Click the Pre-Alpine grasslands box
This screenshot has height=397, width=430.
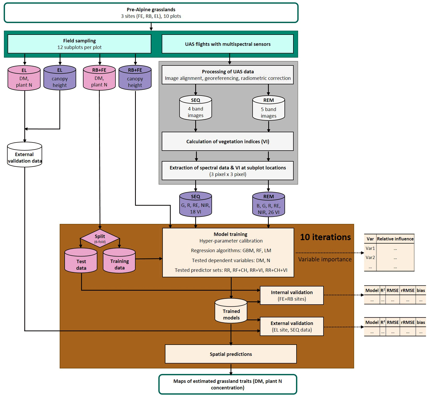pyautogui.click(x=151, y=13)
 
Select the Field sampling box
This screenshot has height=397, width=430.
pyautogui.click(x=79, y=44)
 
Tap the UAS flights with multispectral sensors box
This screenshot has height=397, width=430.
pyautogui.click(x=227, y=44)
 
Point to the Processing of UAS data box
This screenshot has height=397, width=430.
pyautogui.click(x=227, y=75)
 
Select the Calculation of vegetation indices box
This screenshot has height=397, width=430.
pyautogui.click(x=227, y=141)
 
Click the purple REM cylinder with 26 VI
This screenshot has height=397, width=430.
pyautogui.click(x=269, y=205)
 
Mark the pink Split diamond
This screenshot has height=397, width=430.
pyautogui.click(x=100, y=238)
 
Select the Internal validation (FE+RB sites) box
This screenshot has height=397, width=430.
pyautogui.click(x=292, y=295)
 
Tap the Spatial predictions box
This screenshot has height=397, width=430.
pyautogui.click(x=231, y=354)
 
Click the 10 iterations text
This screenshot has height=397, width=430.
pyautogui.click(x=325, y=237)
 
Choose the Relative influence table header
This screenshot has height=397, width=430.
pyautogui.click(x=395, y=239)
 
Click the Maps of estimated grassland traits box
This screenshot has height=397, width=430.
pyautogui.click(x=227, y=384)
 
